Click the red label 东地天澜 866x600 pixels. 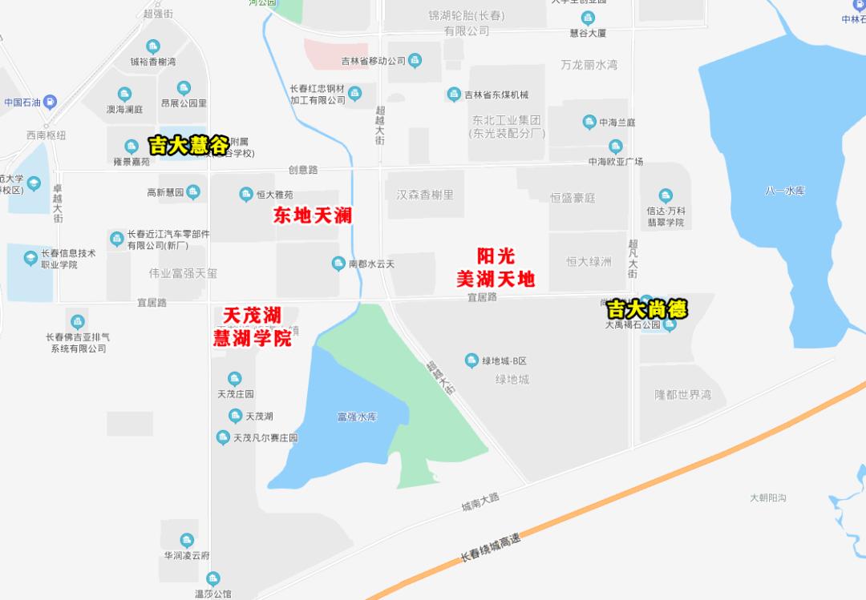(313, 215)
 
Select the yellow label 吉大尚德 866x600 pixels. (646, 308)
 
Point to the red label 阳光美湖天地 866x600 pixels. (496, 268)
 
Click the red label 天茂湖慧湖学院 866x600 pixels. (252, 327)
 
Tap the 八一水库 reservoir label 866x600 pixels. (784, 191)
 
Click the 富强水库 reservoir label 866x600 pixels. (357, 417)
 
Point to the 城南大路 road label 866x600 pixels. (480, 501)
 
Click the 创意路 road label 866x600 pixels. (303, 170)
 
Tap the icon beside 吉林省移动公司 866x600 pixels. (415, 60)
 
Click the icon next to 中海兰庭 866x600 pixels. (589, 122)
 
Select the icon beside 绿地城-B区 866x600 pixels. (472, 360)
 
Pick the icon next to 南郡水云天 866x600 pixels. (338, 263)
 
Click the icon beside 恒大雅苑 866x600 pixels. (246, 194)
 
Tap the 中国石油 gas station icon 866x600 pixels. (50, 102)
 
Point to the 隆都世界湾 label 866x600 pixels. (682, 395)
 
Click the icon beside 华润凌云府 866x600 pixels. (187, 541)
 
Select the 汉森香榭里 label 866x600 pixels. (425, 195)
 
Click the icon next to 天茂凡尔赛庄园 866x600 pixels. (223, 437)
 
